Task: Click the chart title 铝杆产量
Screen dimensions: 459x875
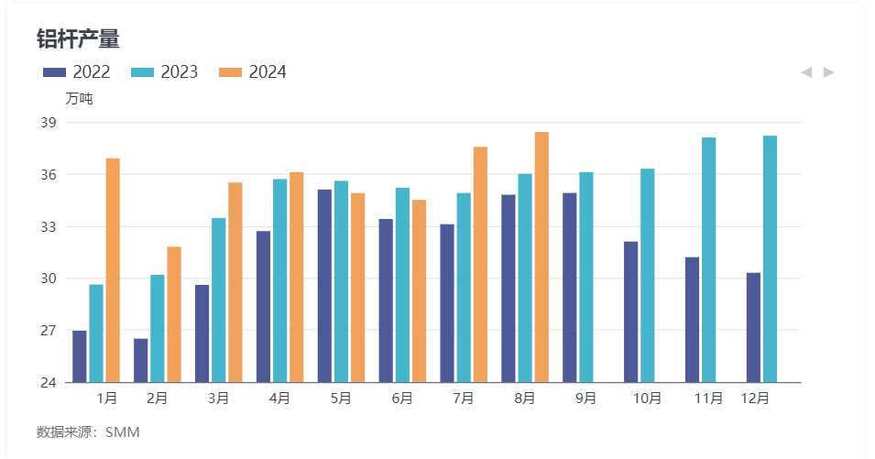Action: click(78, 38)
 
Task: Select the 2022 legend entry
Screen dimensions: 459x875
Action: click(77, 72)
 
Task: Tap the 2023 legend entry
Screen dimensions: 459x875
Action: click(165, 72)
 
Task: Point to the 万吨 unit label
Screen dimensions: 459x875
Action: click(79, 98)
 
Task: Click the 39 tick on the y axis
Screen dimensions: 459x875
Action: click(49, 123)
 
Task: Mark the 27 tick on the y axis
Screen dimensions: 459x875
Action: click(49, 331)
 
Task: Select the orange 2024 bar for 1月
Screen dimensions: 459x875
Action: click(113, 270)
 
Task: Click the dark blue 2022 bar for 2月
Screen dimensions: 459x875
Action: click(140, 360)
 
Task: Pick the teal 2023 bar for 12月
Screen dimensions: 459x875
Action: click(770, 259)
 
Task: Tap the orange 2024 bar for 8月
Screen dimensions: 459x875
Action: click(541, 257)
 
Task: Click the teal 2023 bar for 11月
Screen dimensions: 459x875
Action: click(708, 260)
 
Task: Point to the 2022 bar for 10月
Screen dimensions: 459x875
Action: click(630, 311)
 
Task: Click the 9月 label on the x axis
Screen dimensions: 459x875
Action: click(586, 399)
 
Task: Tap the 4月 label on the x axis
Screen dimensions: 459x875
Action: click(279, 399)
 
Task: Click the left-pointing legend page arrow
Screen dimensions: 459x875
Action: click(806, 72)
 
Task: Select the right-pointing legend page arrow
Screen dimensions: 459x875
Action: click(829, 72)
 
